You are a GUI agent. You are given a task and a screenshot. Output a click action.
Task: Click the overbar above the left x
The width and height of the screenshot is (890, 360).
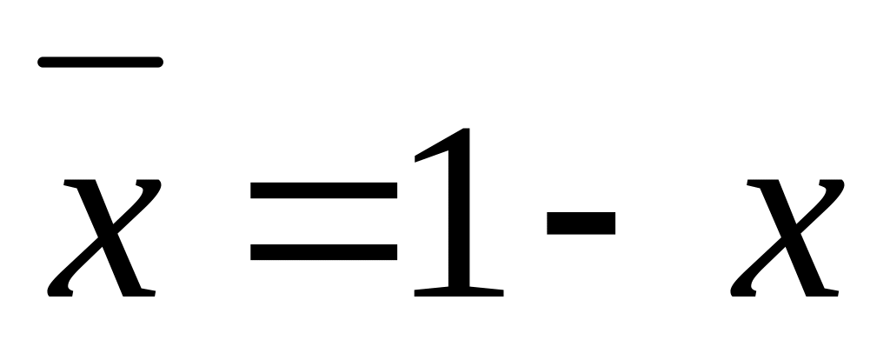pos(100,62)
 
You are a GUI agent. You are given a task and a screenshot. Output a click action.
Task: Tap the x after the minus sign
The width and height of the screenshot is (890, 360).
pos(787,237)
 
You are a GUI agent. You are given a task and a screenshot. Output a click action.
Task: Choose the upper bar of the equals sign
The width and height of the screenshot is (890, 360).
pos(323,190)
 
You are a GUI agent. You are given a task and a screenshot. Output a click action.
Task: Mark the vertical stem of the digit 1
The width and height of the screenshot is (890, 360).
pos(459,217)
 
